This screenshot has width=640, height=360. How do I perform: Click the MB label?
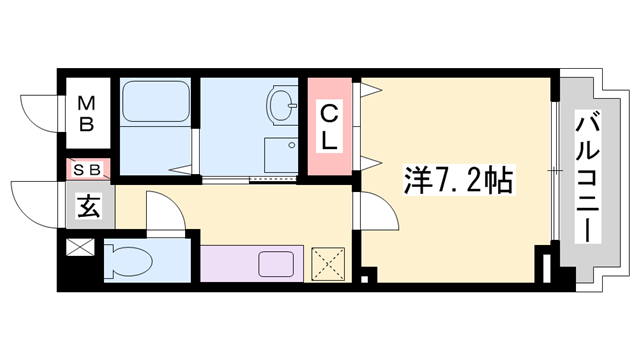pos(87,113)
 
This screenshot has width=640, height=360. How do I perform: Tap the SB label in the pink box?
pos(87,170)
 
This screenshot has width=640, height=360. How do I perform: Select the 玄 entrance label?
pos(89,206)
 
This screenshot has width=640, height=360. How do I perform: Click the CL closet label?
pos(329,127)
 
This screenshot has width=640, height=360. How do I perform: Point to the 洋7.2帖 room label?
pos(458,181)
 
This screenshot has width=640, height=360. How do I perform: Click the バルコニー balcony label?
pos(587,176)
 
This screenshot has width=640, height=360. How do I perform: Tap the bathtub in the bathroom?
pos(156,102)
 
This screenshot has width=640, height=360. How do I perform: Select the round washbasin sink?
pos(282,104)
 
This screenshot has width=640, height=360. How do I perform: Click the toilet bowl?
pos(129,261)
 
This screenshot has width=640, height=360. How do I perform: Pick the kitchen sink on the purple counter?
pos(276,264)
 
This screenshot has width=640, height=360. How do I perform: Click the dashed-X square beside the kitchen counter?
pos(328,264)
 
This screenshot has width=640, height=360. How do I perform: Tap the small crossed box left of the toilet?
pos(80,247)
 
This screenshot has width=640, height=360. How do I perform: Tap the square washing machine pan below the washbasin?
pos(281,155)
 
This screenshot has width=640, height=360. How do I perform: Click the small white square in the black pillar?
pos(364,280)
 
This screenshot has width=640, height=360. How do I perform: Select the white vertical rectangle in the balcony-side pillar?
pos(547,268)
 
